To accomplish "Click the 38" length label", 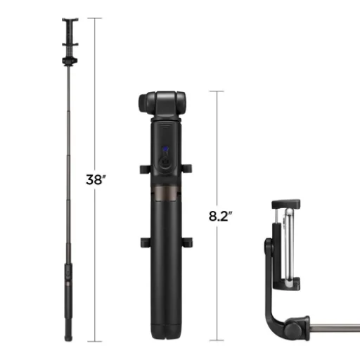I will click(x=96, y=180).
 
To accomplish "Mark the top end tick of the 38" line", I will click(x=96, y=18).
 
